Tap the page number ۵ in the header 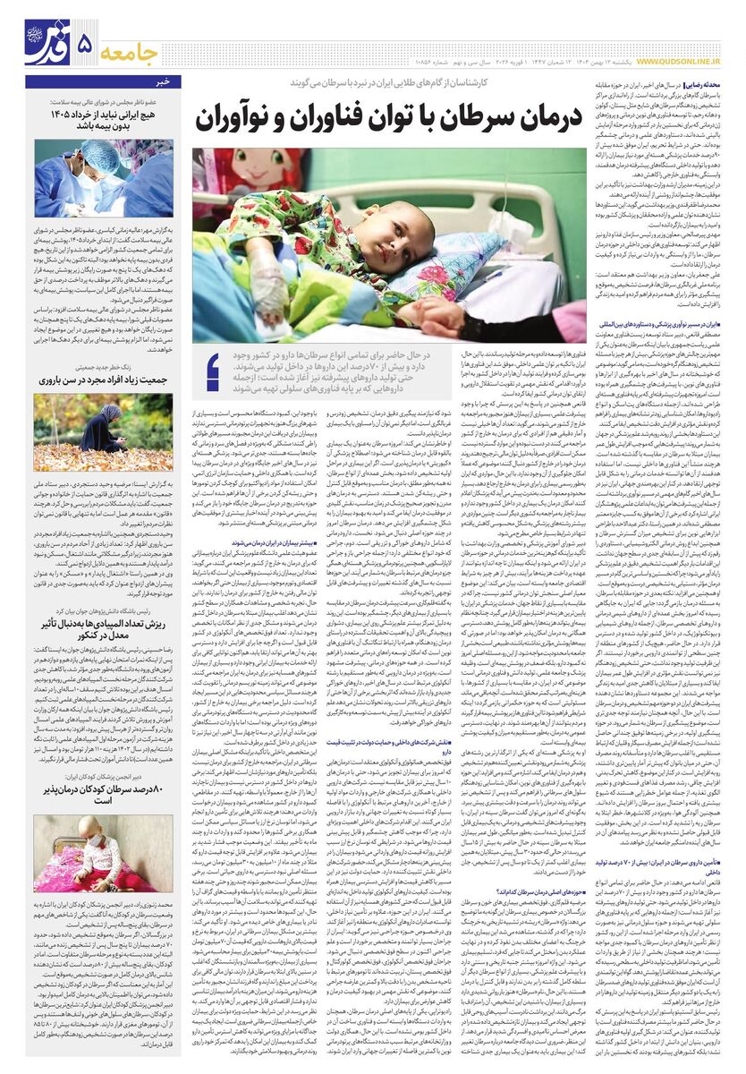click(x=85, y=44)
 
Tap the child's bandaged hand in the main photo click(x=269, y=286)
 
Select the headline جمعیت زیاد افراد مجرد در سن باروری click(x=104, y=379)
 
